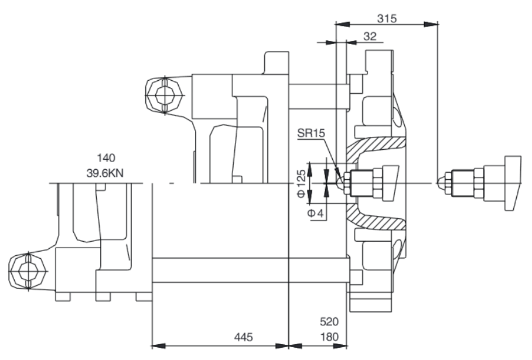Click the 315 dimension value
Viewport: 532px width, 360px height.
(387, 18)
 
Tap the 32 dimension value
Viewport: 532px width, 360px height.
(370, 36)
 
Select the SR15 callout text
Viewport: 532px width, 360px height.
(311, 133)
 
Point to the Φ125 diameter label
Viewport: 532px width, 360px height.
(301, 183)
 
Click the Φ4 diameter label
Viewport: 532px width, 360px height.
(316, 213)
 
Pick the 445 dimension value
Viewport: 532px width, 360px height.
(243, 337)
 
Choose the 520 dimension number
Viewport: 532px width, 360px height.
(329, 321)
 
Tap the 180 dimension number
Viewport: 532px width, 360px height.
(329, 337)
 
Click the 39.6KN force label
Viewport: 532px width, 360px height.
(105, 173)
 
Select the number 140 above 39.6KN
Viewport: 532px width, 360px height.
(106, 158)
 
